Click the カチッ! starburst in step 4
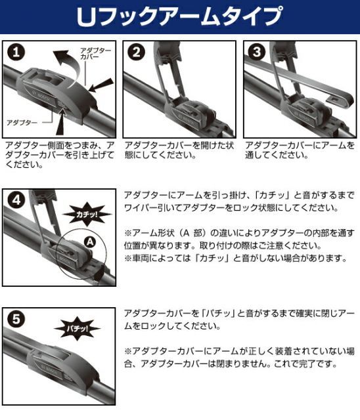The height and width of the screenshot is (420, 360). coord(83,213)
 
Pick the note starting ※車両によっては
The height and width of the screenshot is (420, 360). coord(233,258)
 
